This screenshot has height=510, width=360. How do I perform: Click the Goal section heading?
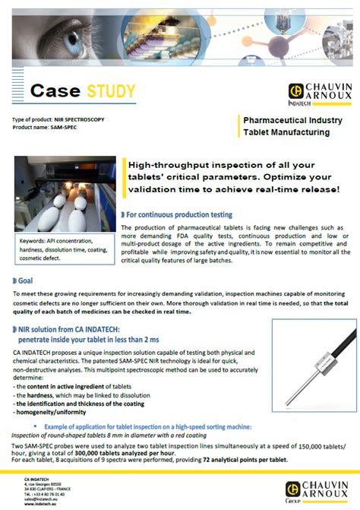pos(24,280)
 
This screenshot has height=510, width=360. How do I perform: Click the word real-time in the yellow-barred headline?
pos(261,188)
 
